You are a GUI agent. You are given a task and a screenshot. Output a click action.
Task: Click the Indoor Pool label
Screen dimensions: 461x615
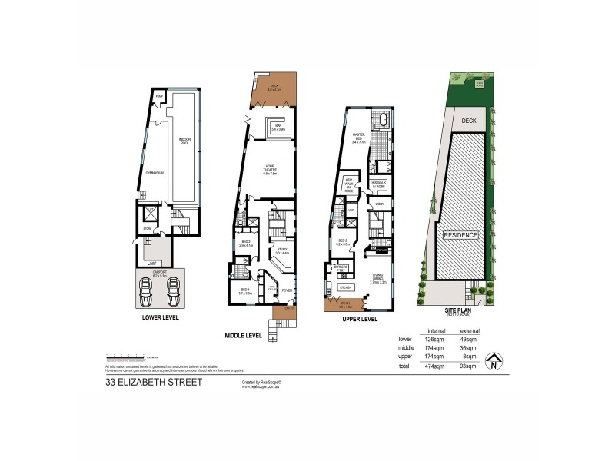tap(184, 141)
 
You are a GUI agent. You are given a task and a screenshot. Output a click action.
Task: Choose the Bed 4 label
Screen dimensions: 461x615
tap(245, 292)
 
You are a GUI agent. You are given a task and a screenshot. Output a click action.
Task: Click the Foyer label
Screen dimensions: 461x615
tap(286, 290)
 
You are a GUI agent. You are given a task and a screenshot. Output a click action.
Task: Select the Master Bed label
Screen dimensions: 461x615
tap(357, 139)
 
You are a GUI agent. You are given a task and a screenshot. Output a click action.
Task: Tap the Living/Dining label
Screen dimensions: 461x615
tap(378, 280)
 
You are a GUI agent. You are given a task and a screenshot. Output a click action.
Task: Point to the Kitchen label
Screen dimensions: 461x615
tap(346, 287)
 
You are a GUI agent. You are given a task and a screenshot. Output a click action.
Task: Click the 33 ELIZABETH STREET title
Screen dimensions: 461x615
tap(153, 383)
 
